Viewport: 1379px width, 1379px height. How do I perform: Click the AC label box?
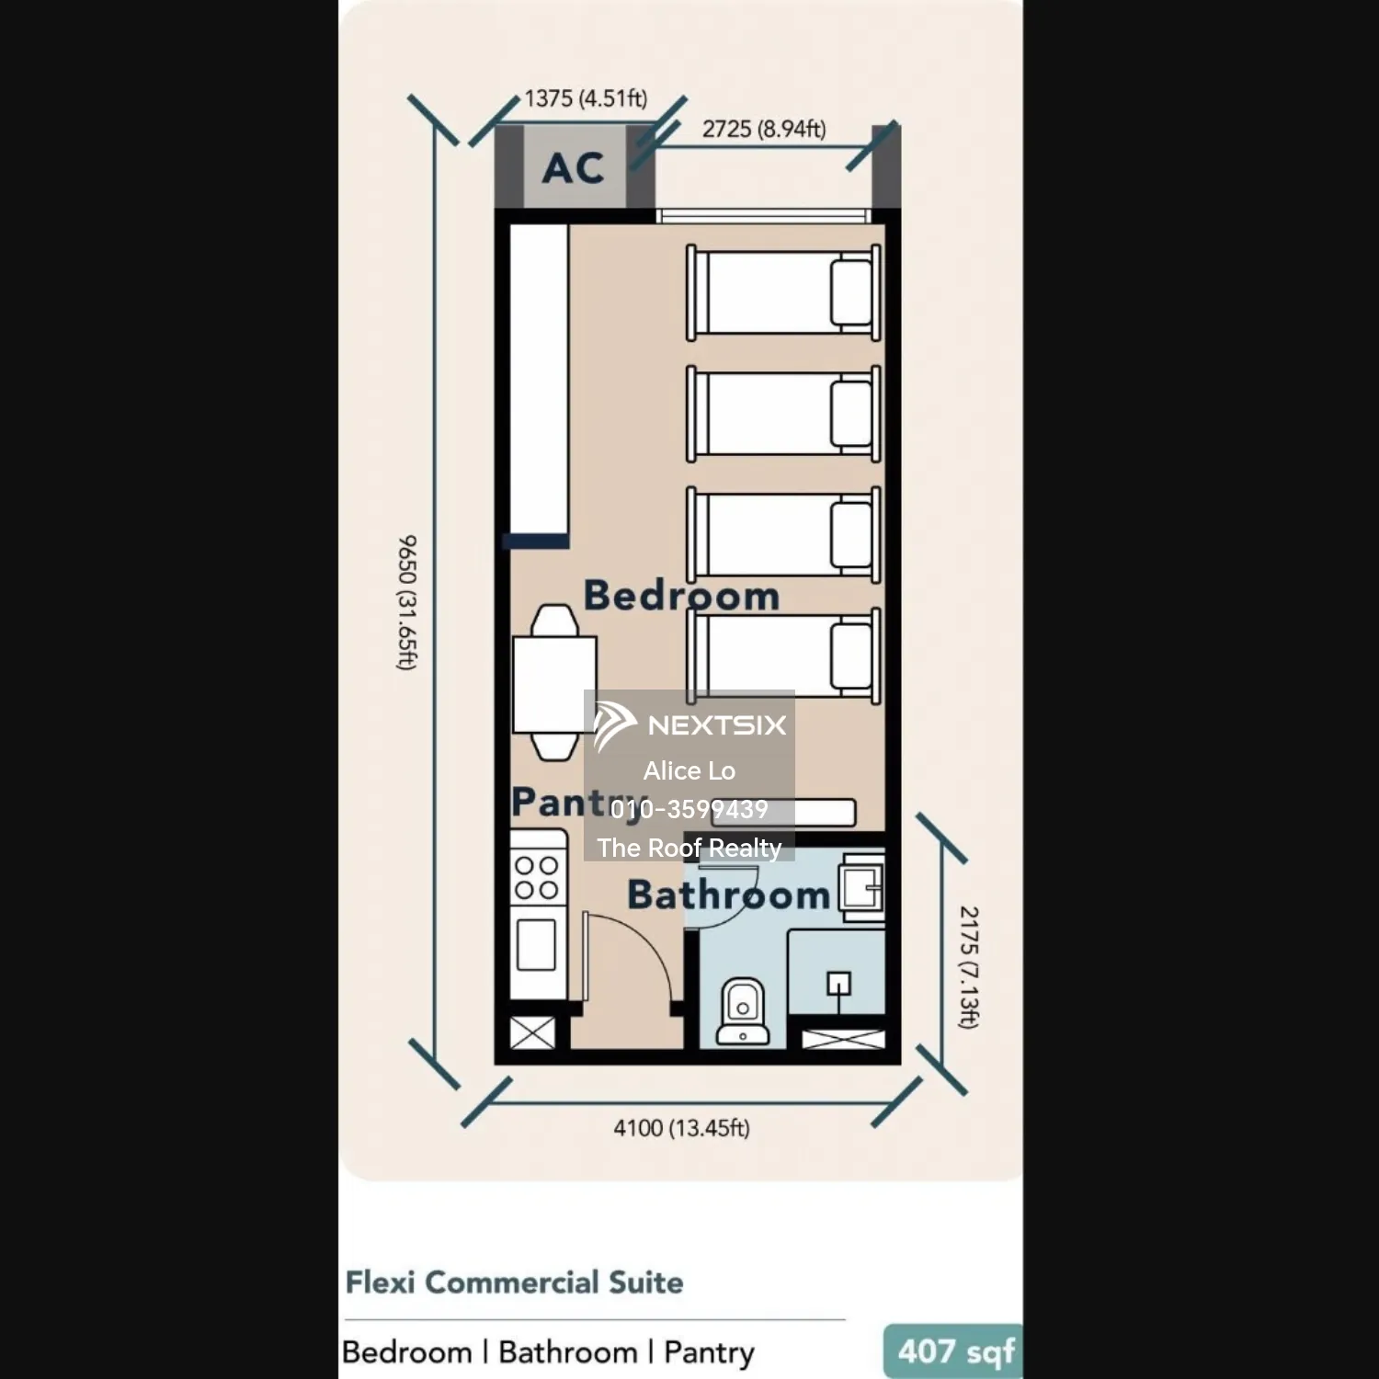pos(575,167)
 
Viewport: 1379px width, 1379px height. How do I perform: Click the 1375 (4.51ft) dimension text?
pos(586,98)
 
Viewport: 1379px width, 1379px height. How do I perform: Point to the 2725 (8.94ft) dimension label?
pos(764,130)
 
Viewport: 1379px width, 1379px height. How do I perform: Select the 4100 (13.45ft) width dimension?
pos(681,1128)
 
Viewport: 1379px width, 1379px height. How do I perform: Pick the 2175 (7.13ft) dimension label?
pos(969,966)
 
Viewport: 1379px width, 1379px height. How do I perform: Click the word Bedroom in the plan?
pos(681,596)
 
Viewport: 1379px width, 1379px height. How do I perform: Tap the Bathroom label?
pos(728,895)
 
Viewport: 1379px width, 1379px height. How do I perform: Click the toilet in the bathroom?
pos(742,1010)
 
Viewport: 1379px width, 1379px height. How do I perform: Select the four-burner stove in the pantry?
pos(536,877)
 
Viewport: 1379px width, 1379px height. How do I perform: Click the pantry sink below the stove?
pos(535,944)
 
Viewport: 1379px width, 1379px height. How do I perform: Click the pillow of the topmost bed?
pos(851,293)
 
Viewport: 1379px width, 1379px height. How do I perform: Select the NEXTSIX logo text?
pos(716,725)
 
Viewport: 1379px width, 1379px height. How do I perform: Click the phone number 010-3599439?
pos(689,809)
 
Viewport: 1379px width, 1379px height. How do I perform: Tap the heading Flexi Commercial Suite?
pos(514,1282)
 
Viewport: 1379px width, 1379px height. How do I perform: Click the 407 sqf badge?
pos(954,1351)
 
